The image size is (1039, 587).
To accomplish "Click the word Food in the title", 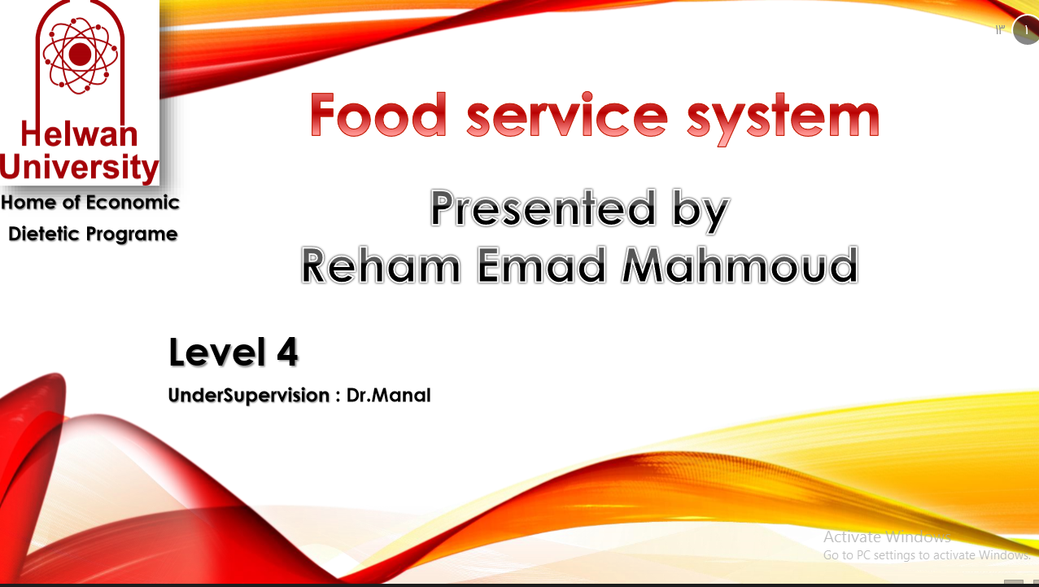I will [x=378, y=116].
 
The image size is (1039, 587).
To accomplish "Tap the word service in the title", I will [x=567, y=116].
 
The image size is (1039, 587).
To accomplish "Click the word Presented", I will [x=543, y=208].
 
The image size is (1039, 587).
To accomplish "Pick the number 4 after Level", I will [x=286, y=353].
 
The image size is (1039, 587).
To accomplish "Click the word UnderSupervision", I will [x=248, y=396].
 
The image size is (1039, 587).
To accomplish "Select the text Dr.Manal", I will [x=388, y=396].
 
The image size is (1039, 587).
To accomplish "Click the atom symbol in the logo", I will [x=79, y=54].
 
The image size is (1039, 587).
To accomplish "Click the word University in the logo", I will [x=79, y=167].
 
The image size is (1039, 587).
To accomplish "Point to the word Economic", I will [x=133, y=202].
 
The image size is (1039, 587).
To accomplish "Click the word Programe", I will [x=132, y=234].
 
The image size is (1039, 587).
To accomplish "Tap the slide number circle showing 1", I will [x=1027, y=30].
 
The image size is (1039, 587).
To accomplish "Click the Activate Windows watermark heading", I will [x=886, y=537].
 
